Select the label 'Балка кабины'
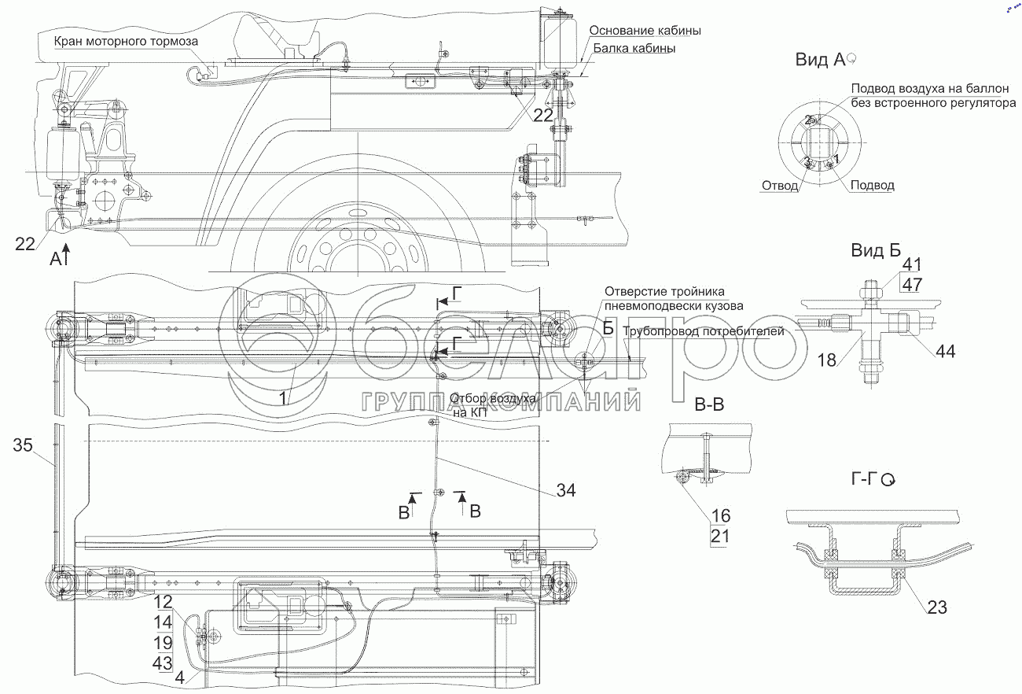(x=634, y=48)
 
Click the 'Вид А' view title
(x=819, y=60)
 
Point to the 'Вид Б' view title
(x=875, y=251)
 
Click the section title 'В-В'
(x=708, y=406)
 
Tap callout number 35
(x=24, y=446)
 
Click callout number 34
(x=566, y=490)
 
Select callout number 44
(x=945, y=352)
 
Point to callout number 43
(x=164, y=663)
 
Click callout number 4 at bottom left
(x=181, y=677)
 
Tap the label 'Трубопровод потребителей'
(x=704, y=331)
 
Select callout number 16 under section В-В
(x=721, y=516)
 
